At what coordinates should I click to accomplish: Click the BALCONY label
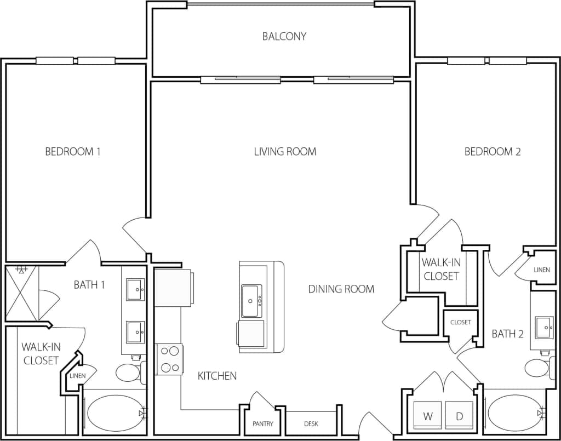tap(284, 37)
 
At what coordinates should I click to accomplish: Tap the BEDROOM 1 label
tap(72, 151)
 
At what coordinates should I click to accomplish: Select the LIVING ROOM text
tap(285, 151)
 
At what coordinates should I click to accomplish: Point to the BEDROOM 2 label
tap(492, 151)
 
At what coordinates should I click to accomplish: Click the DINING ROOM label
tap(341, 289)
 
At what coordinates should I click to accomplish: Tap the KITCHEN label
tap(217, 376)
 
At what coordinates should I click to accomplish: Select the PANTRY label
tap(262, 424)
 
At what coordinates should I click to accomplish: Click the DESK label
tap(311, 424)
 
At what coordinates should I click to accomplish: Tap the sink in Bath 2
tap(545, 327)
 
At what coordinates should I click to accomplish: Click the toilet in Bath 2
tap(539, 368)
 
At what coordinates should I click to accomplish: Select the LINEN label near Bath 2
tap(541, 270)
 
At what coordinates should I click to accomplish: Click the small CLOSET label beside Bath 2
tap(460, 322)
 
